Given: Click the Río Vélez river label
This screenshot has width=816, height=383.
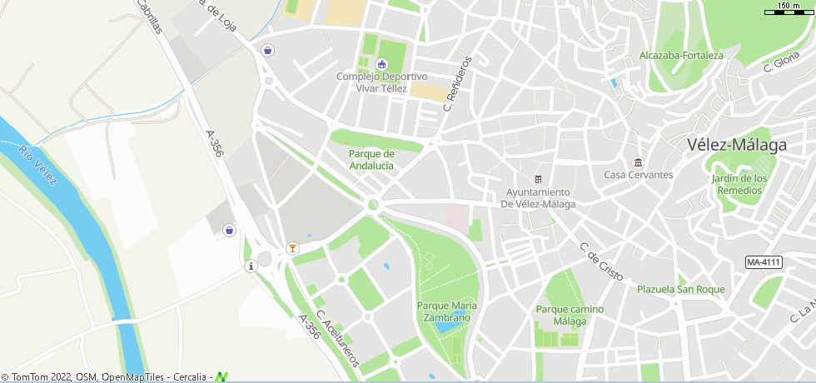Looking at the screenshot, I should pos(38,166).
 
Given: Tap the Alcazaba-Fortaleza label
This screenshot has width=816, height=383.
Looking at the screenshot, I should pos(681,56).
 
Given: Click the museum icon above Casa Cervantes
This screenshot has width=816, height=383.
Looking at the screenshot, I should pos(638,162).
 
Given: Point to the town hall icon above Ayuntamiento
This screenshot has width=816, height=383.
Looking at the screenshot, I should pos(538,180).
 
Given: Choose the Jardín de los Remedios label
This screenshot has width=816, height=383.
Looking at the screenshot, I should pos(739,184).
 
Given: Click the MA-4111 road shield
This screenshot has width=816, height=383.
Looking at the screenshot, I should pos(764,262).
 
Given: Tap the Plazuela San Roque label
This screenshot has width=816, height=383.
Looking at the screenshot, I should pos(680,290).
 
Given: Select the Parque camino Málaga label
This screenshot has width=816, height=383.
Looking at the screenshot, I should pos(570,315).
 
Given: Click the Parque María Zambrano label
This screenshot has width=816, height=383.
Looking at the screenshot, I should pos(447,311).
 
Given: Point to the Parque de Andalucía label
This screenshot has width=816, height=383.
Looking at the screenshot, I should pos(371,160).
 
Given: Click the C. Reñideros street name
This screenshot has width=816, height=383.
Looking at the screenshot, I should pos(458,83).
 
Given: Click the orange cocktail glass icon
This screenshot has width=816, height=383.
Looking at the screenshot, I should pos(291,248).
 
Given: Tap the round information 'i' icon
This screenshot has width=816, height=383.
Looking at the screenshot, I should pos(251,266).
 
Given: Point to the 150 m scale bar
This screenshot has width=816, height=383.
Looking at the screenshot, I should pos(789,9).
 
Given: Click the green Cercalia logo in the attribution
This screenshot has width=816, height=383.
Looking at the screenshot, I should pos(221,377).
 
